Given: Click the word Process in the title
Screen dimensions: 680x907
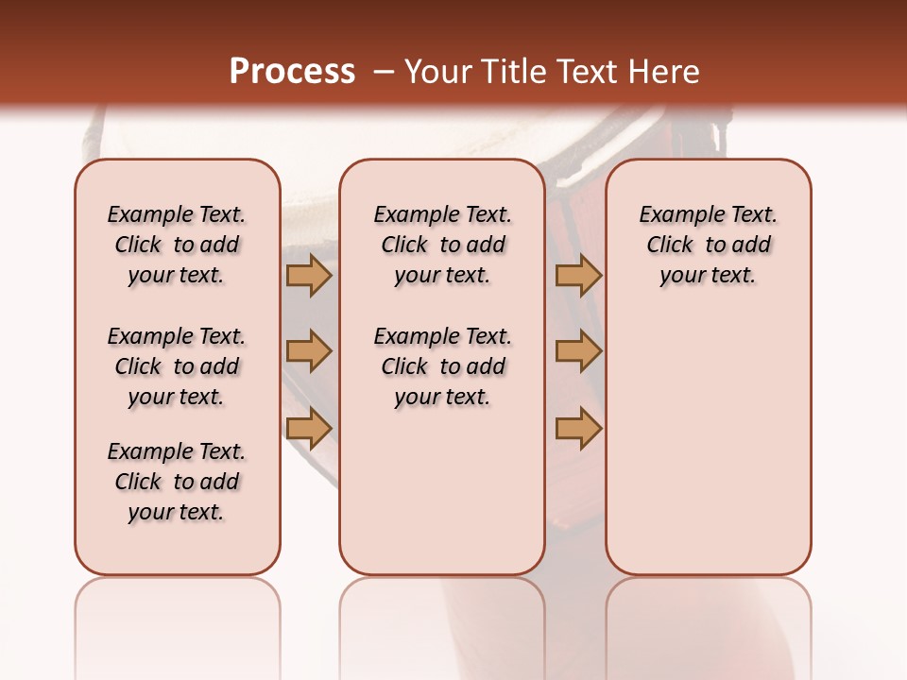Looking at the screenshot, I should tap(292, 72).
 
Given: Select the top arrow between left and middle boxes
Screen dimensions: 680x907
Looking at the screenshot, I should tap(308, 276).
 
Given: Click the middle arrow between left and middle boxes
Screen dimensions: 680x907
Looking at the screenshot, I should tap(308, 351).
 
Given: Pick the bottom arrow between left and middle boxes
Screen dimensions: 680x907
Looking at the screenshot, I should tap(308, 429).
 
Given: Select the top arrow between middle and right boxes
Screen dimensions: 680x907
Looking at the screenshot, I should tap(578, 276).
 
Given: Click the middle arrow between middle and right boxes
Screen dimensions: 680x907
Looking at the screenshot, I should tap(578, 351).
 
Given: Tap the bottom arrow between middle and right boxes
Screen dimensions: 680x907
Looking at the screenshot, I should tap(578, 429).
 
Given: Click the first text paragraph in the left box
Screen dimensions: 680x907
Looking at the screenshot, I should tap(177, 245).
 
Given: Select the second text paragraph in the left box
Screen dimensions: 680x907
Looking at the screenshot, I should tap(177, 366).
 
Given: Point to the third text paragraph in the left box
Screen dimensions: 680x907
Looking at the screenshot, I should tap(177, 482).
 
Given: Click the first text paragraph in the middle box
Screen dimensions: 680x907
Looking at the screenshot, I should tap(442, 245).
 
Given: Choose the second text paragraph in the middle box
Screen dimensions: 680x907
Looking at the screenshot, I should tap(442, 366).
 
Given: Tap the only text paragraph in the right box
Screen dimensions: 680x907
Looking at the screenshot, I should tap(708, 245).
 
